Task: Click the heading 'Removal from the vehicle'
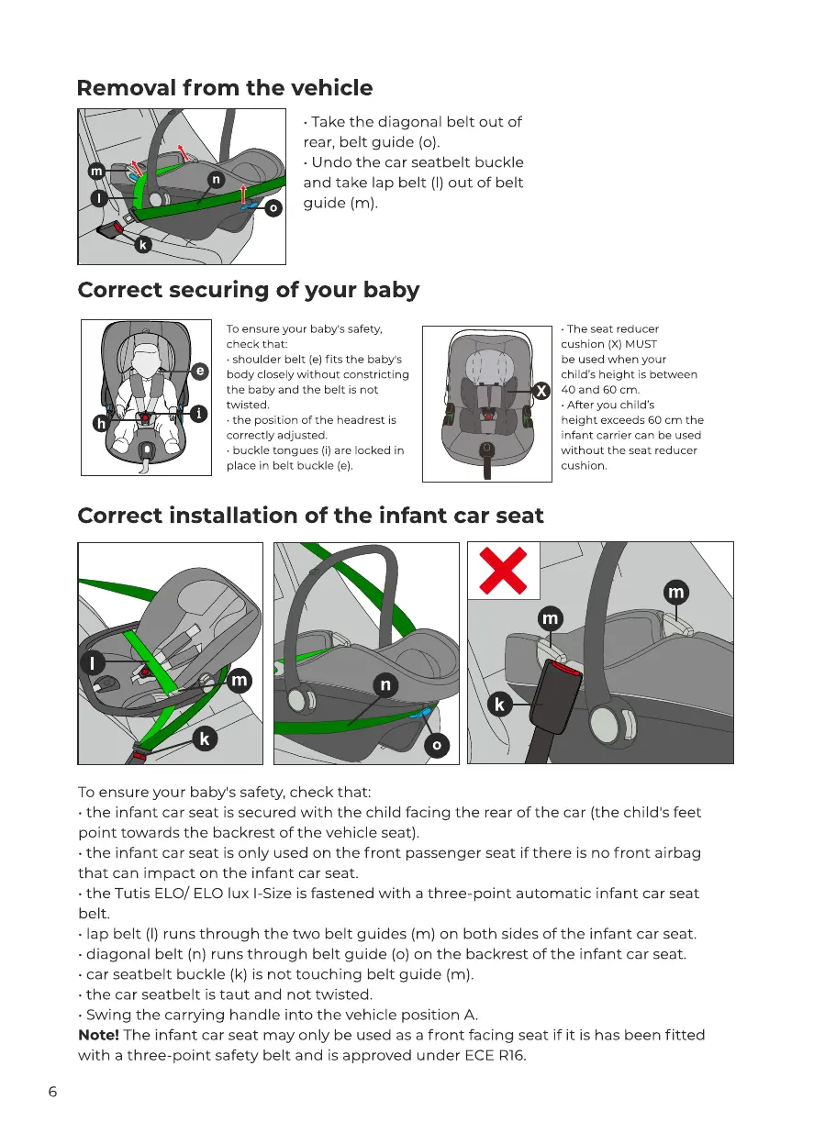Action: pyautogui.click(x=225, y=88)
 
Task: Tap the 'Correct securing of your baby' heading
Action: pyautogui.click(x=249, y=290)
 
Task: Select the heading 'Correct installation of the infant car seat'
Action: pyautogui.click(x=310, y=516)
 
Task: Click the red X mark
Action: pyautogui.click(x=504, y=570)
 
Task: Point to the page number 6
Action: pyautogui.click(x=52, y=1092)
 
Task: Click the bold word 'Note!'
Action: pyautogui.click(x=100, y=1035)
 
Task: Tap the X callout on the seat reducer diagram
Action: pyautogui.click(x=542, y=391)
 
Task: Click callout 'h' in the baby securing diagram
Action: pyautogui.click(x=101, y=422)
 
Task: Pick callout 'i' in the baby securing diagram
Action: pyautogui.click(x=198, y=413)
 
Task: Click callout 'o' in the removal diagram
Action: pyautogui.click(x=273, y=208)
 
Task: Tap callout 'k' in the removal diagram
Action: pyautogui.click(x=143, y=245)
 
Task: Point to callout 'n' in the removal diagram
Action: pyautogui.click(x=215, y=180)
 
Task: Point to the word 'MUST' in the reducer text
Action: pyautogui.click(x=641, y=344)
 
